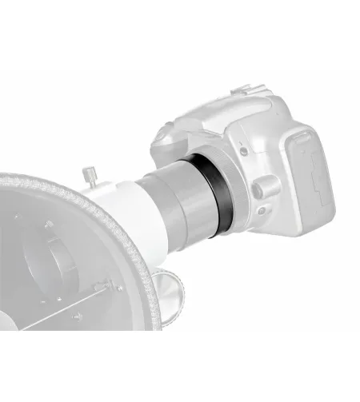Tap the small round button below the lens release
click(x=262, y=213)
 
